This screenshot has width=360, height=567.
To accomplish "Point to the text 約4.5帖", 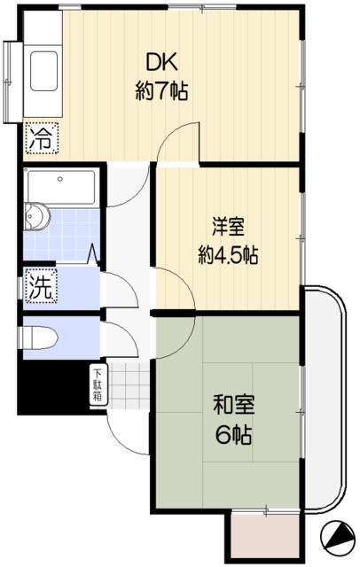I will pyautogui.click(x=228, y=256).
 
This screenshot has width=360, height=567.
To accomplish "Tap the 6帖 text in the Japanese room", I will pyautogui.click(x=235, y=436).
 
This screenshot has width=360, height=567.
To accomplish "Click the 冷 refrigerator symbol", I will pyautogui.click(x=40, y=137).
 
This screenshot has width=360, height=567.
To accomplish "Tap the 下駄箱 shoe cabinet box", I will pyautogui.click(x=97, y=384).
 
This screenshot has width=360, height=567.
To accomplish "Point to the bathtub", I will pyautogui.click(x=61, y=186).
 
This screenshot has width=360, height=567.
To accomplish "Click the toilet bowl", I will pyautogui.click(x=41, y=337).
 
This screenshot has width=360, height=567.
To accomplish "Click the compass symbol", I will pyautogui.click(x=338, y=536).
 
